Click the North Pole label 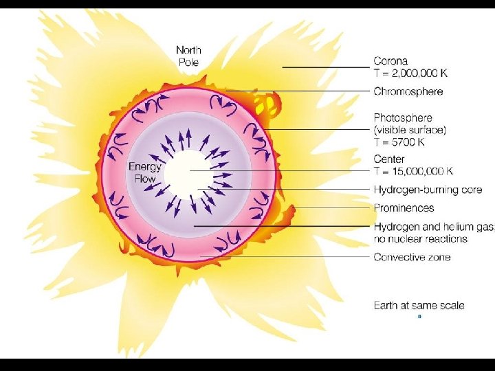(x=189, y=55)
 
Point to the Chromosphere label (x=408, y=91)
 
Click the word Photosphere (x=403, y=117)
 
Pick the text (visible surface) (x=410, y=130)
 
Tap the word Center (x=389, y=159)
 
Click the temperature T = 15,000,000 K (x=413, y=171)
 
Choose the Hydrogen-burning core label (x=428, y=190)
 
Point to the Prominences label (x=404, y=207)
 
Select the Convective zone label (x=412, y=257)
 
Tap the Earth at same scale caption (x=419, y=305)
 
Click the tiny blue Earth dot (x=419, y=317)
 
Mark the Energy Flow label (x=144, y=172)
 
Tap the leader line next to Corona (x=326, y=67)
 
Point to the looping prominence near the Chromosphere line (x=268, y=104)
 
